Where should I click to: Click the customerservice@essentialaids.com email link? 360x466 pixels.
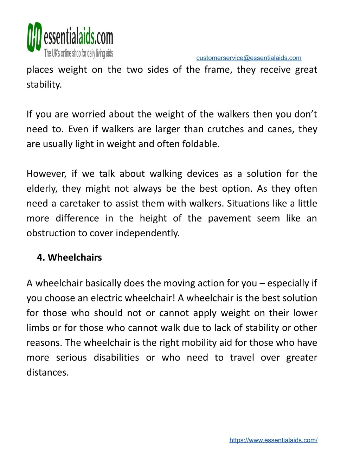[249, 58]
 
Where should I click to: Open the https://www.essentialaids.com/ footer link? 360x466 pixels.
[273, 440]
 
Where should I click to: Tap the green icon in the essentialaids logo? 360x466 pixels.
[34, 37]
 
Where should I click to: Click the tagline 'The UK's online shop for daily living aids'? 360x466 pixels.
[78, 53]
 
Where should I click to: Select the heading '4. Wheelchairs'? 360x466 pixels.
[69, 257]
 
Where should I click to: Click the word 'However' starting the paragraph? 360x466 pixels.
[46, 174]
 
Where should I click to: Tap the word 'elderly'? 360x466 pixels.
[41, 189]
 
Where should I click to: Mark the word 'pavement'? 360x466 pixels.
[229, 218]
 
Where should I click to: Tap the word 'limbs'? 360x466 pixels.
[38, 328]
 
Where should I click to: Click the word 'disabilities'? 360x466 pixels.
[116, 358]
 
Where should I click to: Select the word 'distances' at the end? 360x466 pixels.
[47, 372]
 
